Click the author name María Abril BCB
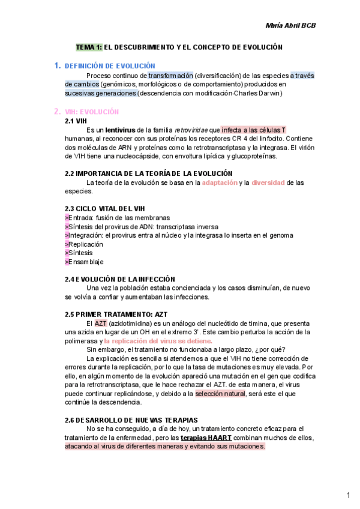point(290,25)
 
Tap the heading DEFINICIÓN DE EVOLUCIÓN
point(110,65)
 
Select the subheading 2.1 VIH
point(76,121)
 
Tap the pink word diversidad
point(268,182)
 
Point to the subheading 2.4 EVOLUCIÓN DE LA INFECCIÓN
point(119,279)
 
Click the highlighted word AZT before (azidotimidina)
point(100,324)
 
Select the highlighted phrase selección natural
point(220,394)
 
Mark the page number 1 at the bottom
point(348,495)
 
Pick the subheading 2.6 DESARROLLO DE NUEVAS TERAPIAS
point(131,420)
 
